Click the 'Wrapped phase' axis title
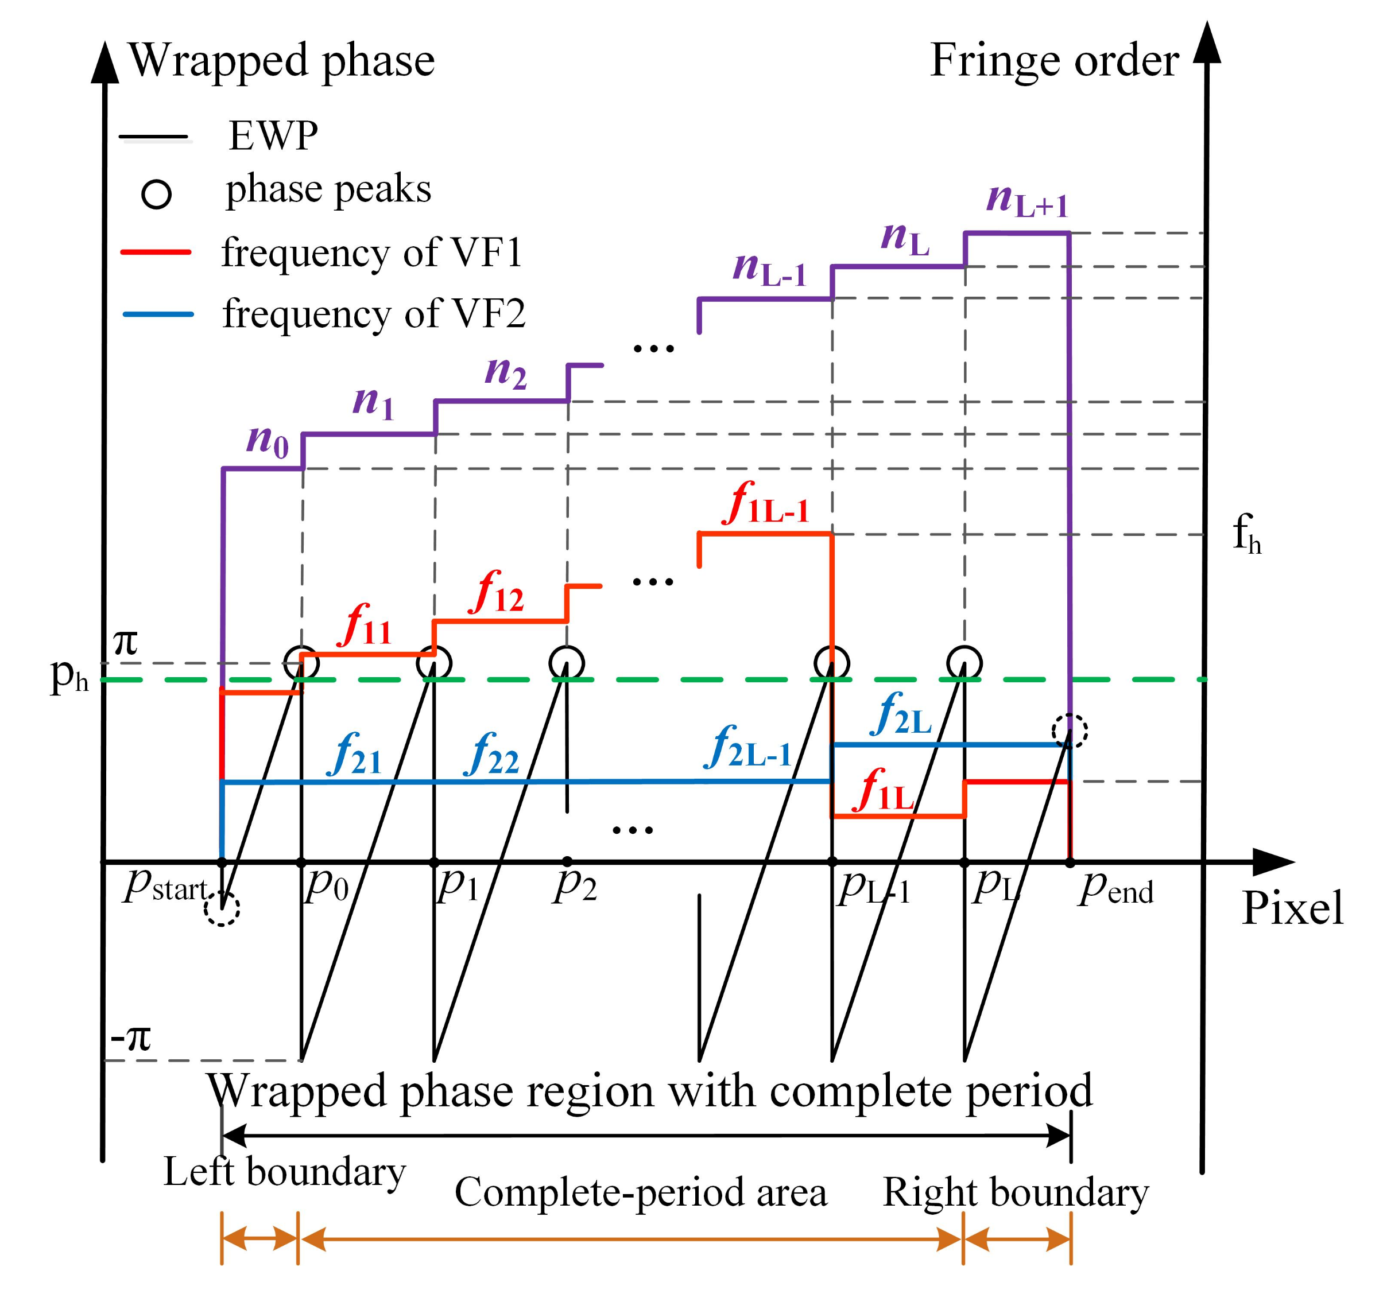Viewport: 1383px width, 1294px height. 281,61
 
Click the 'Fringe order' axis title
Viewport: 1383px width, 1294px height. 1053,61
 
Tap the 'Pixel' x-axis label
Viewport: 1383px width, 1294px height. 1292,908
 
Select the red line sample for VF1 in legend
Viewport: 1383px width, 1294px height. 156,252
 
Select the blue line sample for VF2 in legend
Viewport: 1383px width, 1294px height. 157,314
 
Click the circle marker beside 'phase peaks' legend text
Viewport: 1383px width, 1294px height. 157,195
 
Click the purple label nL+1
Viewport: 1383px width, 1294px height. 1027,201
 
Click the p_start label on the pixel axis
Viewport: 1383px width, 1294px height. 167,887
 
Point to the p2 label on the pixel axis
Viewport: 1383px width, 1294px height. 575,887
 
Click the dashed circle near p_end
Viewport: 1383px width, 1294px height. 1069,731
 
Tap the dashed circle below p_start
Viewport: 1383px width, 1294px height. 222,908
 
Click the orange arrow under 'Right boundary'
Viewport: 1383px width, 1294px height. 1016,1239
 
